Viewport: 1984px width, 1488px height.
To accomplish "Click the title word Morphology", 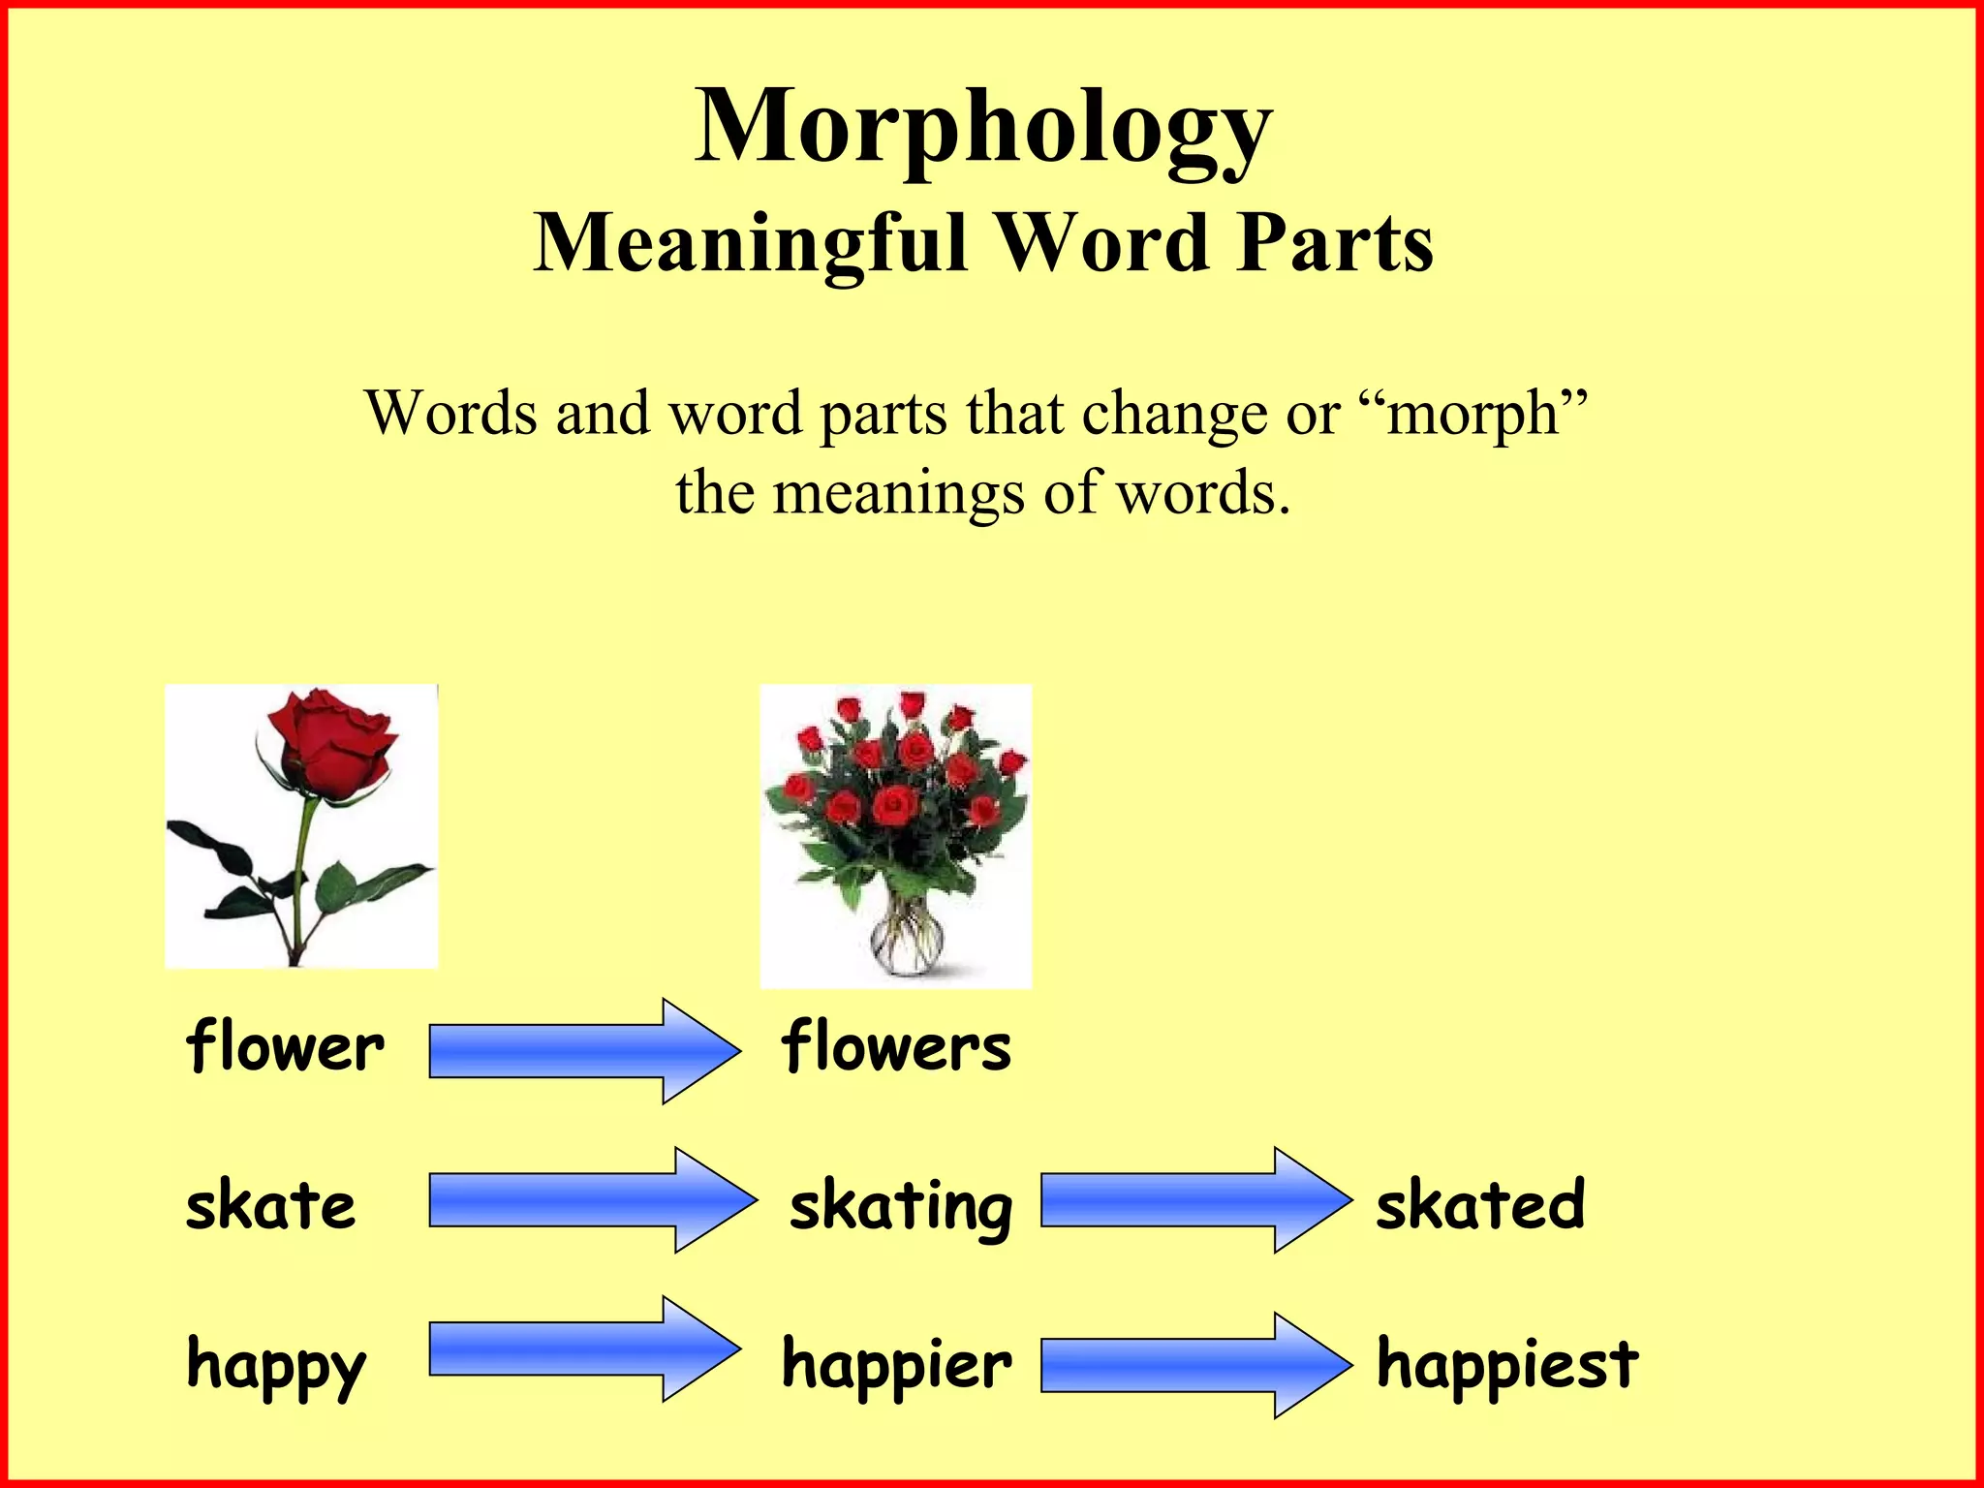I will click(982, 128).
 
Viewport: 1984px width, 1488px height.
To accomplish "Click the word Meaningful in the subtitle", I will click(751, 243).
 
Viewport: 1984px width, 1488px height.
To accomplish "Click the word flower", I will click(285, 1047).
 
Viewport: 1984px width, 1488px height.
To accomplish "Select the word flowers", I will click(896, 1047).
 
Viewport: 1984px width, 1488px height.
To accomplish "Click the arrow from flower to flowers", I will click(581, 1051).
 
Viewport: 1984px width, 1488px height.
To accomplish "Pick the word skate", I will click(270, 1206).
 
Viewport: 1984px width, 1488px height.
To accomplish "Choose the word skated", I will click(1480, 1205).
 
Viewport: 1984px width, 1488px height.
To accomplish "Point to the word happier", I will click(896, 1364).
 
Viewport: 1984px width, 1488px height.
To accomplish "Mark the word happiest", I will click(1506, 1364).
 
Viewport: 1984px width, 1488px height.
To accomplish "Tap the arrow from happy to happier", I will click(581, 1348).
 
